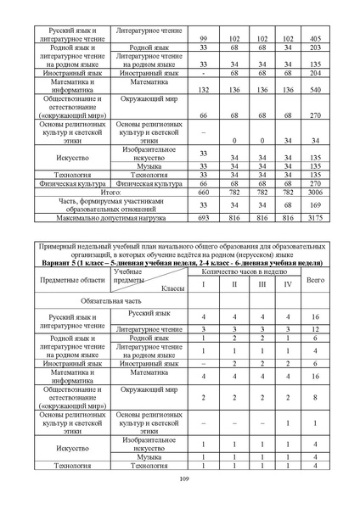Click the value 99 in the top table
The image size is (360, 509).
click(x=203, y=39)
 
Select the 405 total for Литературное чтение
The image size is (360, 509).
click(x=315, y=39)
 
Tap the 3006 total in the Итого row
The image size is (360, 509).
click(x=315, y=193)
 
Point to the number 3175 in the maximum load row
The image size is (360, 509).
click(x=315, y=217)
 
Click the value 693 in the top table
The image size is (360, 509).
click(x=203, y=217)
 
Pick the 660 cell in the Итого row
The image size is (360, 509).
click(x=203, y=193)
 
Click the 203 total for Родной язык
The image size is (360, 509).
click(x=315, y=48)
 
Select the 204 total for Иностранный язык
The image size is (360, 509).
click(x=315, y=73)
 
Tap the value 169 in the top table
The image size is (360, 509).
click(x=315, y=204)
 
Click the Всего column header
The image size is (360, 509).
click(x=315, y=279)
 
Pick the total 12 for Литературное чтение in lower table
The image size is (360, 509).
click(x=315, y=327)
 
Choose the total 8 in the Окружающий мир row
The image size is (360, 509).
click(x=315, y=395)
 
